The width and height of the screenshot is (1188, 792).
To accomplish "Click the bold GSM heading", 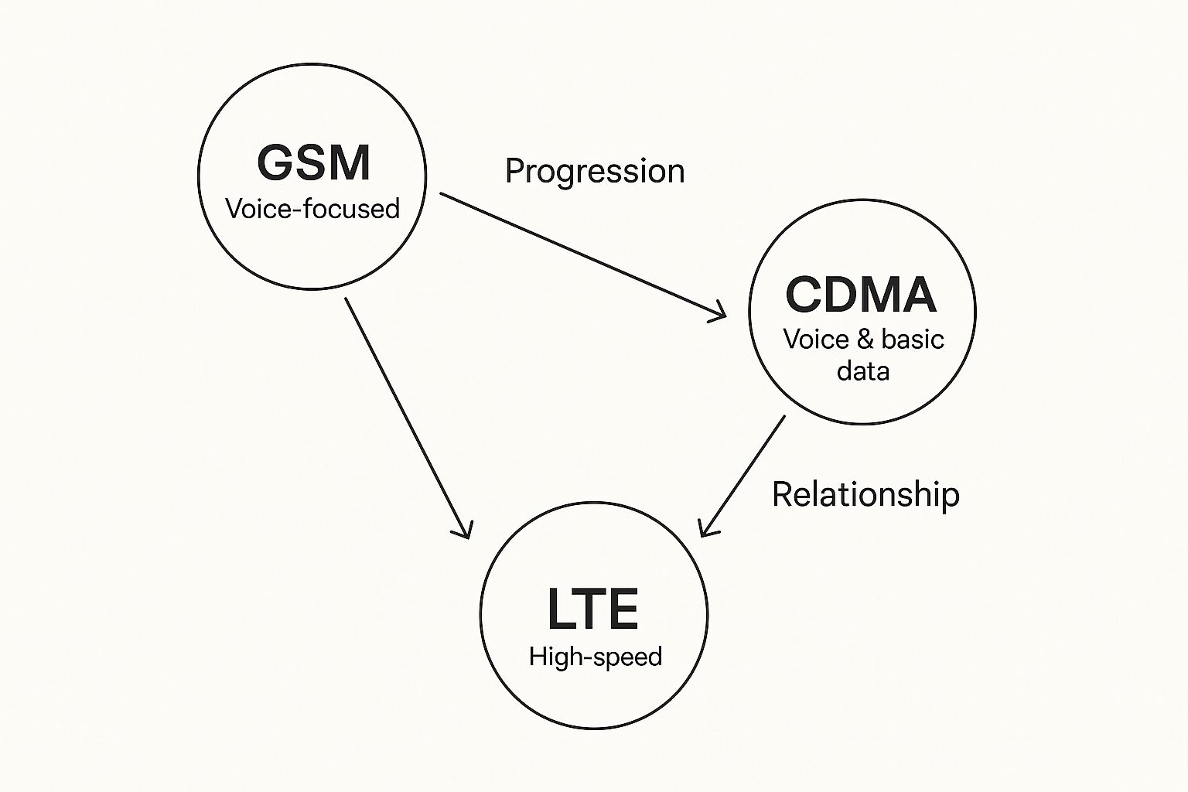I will tap(313, 163).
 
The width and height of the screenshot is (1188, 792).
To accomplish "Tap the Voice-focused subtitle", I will tap(312, 209).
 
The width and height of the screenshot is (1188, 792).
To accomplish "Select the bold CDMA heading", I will tap(861, 295).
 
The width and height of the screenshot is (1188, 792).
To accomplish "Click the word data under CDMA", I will tap(863, 371).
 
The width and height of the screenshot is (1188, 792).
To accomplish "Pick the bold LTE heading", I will tap(592, 609).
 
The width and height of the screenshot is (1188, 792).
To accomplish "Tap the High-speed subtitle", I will tap(596, 657).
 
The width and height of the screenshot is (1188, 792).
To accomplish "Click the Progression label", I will tap(594, 171).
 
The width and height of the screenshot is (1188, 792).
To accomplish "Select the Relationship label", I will tap(865, 494).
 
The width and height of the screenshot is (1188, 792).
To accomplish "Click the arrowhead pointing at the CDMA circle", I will tap(720, 313).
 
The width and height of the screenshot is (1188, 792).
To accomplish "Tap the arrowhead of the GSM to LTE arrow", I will tap(465, 531).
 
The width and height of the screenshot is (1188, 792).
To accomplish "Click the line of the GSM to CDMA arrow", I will tap(580, 254).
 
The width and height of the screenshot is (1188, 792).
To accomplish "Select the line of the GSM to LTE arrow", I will tap(406, 416).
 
